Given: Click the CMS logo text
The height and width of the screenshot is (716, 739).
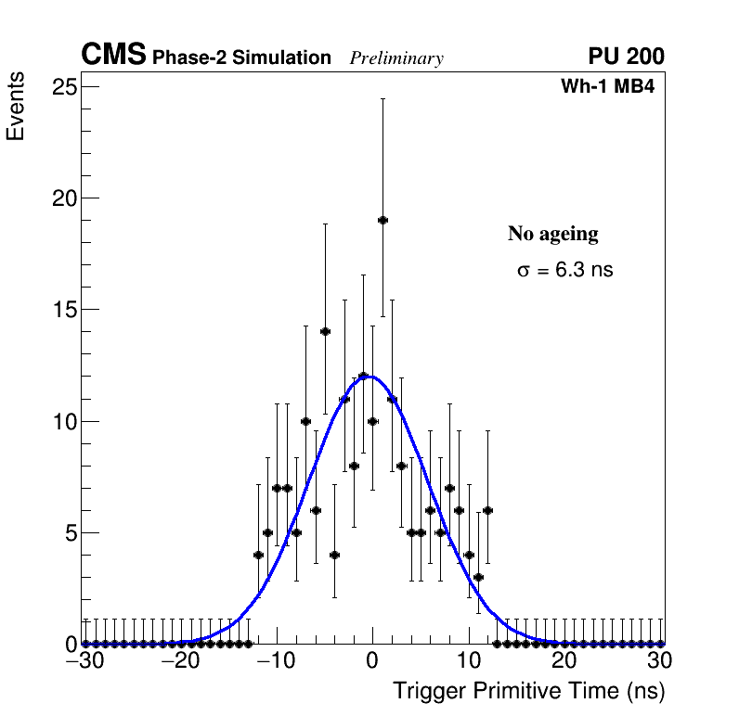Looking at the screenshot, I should pyautogui.click(x=113, y=56).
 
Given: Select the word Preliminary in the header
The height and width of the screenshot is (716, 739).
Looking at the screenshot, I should pyautogui.click(x=396, y=58).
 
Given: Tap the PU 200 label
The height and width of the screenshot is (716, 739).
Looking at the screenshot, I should pyautogui.click(x=626, y=57).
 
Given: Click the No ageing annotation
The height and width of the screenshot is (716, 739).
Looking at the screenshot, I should pyautogui.click(x=552, y=234).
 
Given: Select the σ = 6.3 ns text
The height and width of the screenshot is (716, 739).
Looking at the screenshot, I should pyautogui.click(x=564, y=271).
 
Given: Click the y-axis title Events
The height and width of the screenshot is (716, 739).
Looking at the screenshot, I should pyautogui.click(x=16, y=109).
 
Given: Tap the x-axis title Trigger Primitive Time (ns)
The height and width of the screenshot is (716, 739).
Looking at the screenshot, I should pyautogui.click(x=528, y=691).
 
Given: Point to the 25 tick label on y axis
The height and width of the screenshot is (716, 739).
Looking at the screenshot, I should pyautogui.click(x=64, y=87).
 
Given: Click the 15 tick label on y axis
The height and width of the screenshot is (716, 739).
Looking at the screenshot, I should pyautogui.click(x=64, y=310).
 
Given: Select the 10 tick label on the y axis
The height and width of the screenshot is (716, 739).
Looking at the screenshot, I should pyautogui.click(x=64, y=421).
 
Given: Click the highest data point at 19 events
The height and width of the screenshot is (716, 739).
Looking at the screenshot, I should pyautogui.click(x=382, y=220).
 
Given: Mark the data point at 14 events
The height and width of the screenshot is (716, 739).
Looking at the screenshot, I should pyautogui.click(x=325, y=331).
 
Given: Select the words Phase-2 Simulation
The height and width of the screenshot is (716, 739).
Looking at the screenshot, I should pyautogui.click(x=241, y=58).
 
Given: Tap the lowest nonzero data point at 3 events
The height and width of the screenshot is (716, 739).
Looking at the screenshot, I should pyautogui.click(x=478, y=577).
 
